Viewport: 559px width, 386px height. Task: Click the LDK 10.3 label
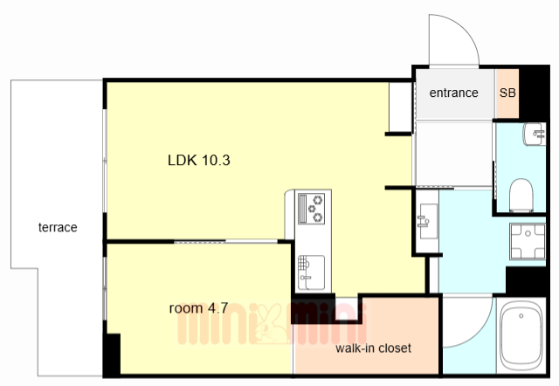click(x=199, y=160)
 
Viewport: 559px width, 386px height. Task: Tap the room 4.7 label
click(x=198, y=308)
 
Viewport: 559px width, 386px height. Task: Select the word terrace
click(x=58, y=227)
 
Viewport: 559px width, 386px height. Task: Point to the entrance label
click(x=453, y=93)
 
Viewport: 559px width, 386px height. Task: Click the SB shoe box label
click(x=507, y=93)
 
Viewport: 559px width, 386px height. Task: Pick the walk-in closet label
click(x=373, y=348)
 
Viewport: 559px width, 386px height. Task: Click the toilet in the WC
click(x=521, y=196)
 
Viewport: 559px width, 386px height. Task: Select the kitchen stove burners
click(x=311, y=209)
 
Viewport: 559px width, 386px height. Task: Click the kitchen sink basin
click(x=311, y=272)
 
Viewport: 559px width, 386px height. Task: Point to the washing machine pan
click(x=528, y=241)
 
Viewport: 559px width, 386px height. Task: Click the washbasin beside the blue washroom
click(x=427, y=221)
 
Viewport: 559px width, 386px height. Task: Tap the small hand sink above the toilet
click(x=535, y=134)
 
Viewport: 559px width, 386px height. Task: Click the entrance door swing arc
click(x=464, y=30)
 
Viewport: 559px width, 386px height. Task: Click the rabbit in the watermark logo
click(x=271, y=324)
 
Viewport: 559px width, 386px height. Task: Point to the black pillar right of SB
click(x=533, y=93)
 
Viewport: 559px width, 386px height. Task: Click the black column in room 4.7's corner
click(x=113, y=354)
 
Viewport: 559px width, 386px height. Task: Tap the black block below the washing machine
click(x=526, y=281)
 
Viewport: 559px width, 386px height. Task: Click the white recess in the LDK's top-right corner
click(x=400, y=107)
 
